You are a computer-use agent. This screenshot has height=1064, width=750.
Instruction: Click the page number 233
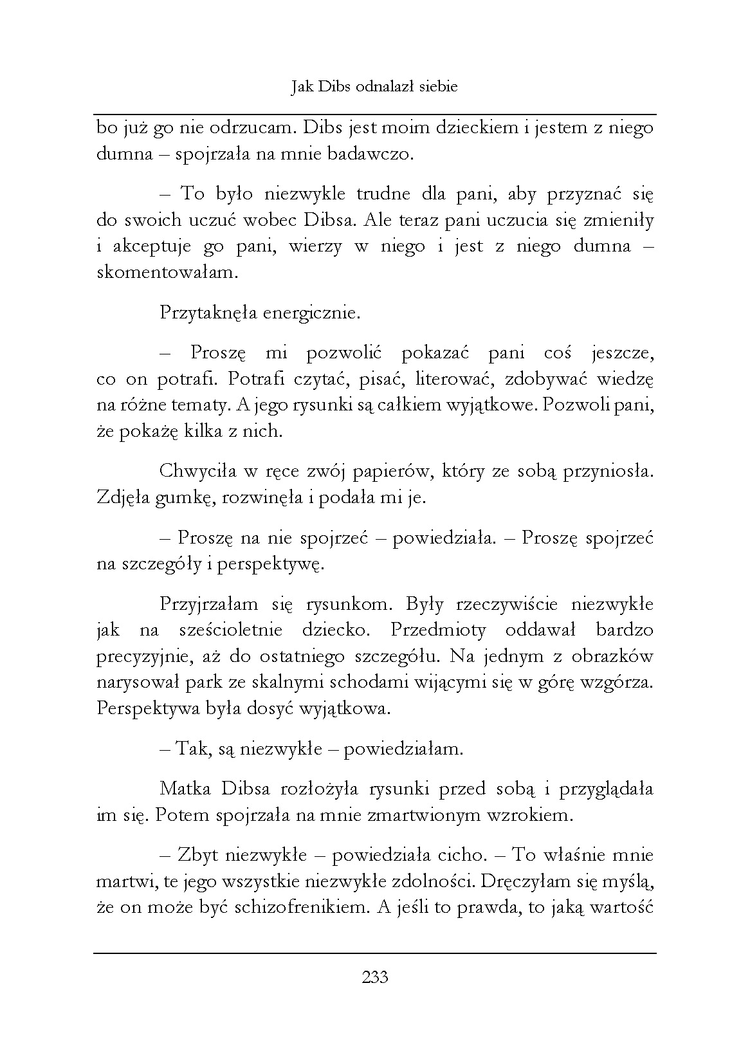(x=375, y=978)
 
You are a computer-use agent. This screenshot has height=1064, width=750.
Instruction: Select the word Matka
(x=187, y=788)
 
